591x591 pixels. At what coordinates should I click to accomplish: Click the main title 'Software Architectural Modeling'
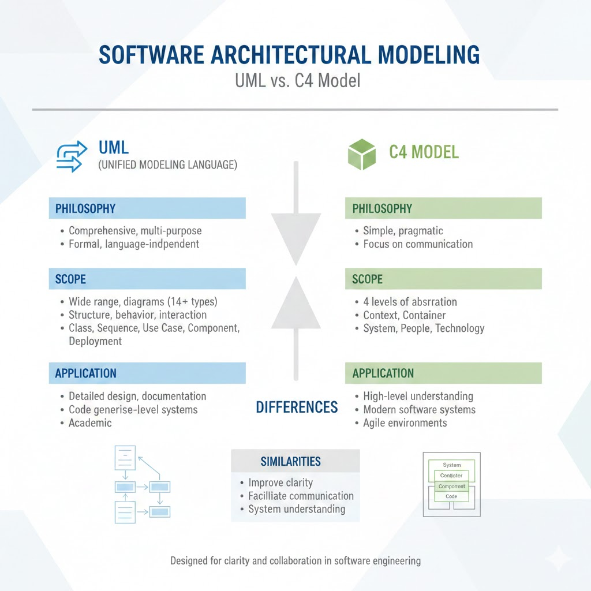pos(289,55)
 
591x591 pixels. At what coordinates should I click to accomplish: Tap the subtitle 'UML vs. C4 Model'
pos(297,80)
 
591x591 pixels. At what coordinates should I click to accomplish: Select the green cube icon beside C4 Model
pos(361,154)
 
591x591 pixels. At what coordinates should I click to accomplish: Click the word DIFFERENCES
pos(297,407)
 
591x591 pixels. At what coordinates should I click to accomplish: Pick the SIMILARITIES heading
pos(291,461)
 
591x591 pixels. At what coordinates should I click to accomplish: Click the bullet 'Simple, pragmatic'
pos(403,231)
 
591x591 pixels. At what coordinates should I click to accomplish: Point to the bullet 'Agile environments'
pos(405,423)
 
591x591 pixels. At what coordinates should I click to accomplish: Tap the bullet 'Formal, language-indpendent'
pos(134,244)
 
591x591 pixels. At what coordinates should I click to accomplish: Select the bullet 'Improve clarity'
pos(280,482)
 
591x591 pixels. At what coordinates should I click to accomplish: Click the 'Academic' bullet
pos(90,423)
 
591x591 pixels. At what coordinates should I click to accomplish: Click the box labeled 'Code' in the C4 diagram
pos(451,496)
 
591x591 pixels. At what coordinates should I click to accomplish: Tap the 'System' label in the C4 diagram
pos(452,465)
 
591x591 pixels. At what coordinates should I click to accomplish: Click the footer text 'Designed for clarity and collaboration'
pos(295,560)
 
